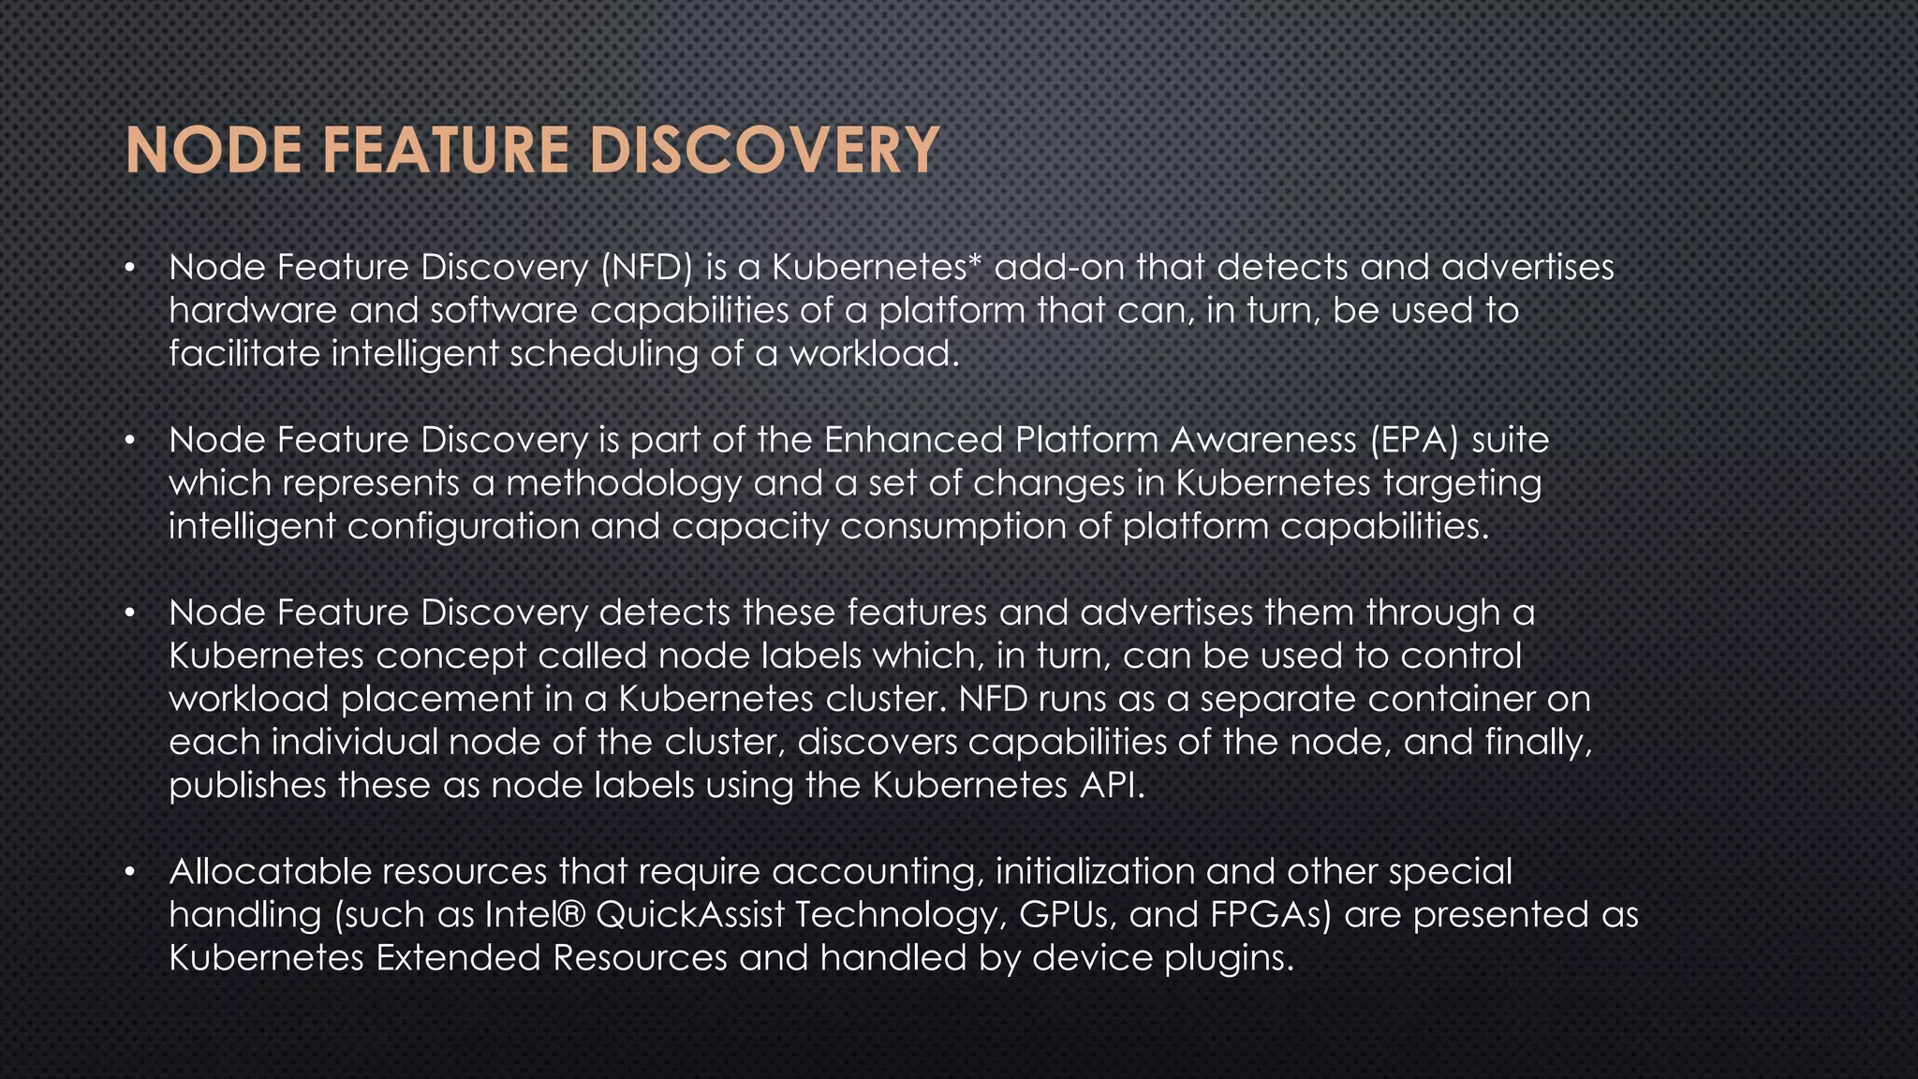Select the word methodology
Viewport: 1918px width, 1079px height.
click(x=624, y=483)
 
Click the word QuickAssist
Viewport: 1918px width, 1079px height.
click(x=689, y=915)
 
